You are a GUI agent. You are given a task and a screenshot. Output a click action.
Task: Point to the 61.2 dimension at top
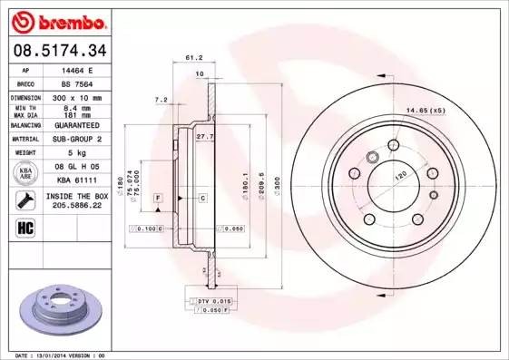[192, 57]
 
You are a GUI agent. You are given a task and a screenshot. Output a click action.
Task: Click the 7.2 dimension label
[162, 98]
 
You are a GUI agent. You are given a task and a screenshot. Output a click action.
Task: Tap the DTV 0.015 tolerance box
[215, 299]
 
